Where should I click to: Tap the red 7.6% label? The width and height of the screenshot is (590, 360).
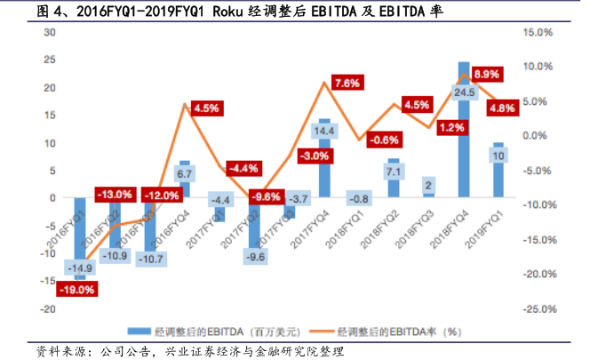tap(347, 83)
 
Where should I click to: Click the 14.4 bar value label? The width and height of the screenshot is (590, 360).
tap(324, 132)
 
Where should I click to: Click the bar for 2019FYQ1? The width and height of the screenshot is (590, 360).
tap(498, 170)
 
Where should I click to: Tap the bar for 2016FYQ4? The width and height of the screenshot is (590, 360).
tap(185, 180)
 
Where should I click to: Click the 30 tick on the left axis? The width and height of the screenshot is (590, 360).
tap(49, 32)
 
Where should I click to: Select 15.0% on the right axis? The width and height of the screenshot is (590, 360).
tap(540, 32)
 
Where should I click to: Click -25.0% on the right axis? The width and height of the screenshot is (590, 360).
tap(538, 308)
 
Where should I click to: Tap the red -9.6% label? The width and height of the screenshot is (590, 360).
tap(266, 196)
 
